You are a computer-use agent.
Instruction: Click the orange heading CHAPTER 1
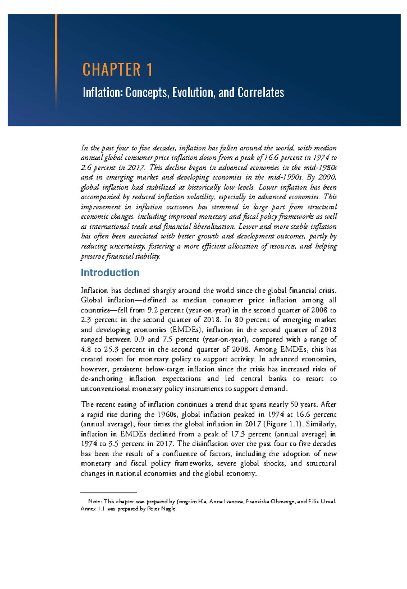pos(117,69)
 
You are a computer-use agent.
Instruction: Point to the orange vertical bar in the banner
pos(56,61)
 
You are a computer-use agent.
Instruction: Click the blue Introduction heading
pos(110,272)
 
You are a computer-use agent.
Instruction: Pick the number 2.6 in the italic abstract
pos(86,167)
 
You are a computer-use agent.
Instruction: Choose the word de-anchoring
pos(102,379)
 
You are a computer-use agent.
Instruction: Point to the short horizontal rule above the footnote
pos(109,492)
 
